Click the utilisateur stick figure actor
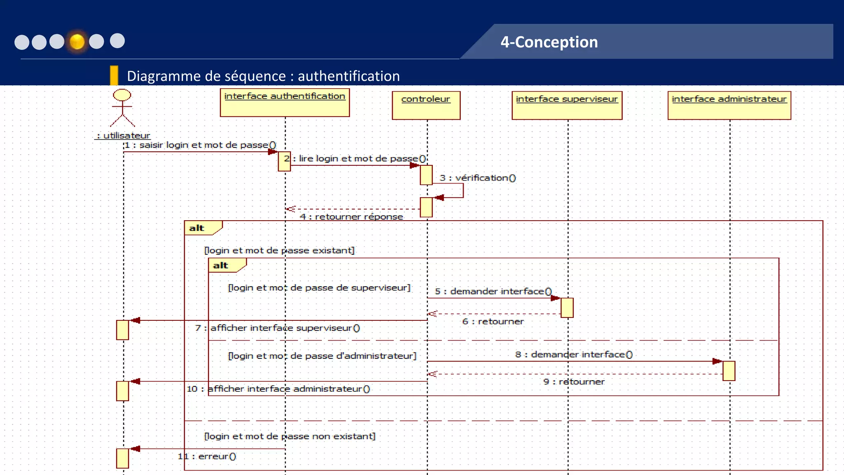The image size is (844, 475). pos(122,108)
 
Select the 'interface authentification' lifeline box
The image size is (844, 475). pos(285,103)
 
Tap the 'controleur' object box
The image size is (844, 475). pos(426,106)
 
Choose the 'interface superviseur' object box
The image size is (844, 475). pos(567,106)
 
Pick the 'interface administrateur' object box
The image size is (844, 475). pos(729,106)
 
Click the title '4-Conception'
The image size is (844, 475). pos(549,42)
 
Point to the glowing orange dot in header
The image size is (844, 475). pos(77,41)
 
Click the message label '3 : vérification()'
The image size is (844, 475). pos(477,178)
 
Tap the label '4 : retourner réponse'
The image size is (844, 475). pos(351,217)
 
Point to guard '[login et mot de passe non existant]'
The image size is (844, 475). pos(290,436)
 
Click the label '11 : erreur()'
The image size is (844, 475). pos(207,456)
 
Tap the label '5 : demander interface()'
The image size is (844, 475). pos(493,292)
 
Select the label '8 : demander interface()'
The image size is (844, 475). pos(573,355)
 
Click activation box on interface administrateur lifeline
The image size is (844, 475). pos(729,371)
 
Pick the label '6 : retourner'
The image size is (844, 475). pos(492,322)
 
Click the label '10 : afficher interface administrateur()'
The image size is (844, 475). pos(279,389)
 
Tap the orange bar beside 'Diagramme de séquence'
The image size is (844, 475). pos(114,75)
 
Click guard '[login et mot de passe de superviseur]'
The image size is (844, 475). pos(319,288)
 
